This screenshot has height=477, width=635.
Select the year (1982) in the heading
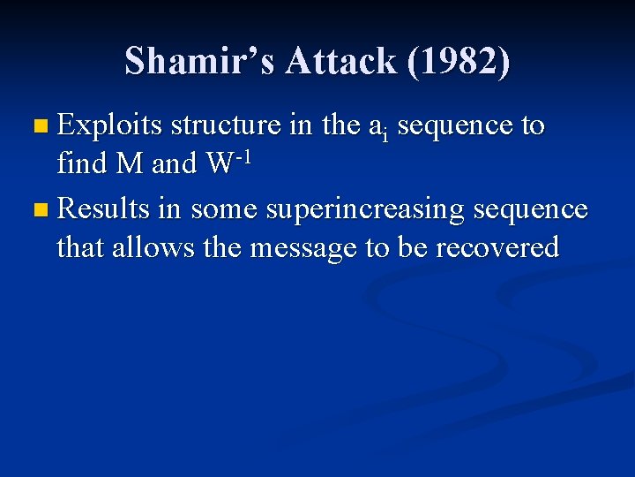(465, 62)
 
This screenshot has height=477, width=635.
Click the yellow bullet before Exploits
(35, 127)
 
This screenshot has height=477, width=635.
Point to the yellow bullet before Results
(35, 210)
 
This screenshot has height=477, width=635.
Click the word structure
(228, 126)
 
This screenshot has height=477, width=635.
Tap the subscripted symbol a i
(379, 129)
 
